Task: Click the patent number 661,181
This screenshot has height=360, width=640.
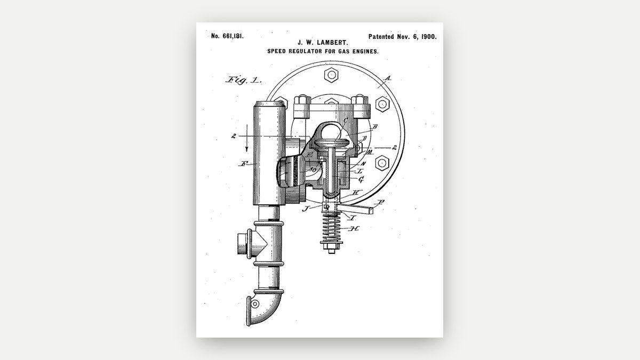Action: pos(233,36)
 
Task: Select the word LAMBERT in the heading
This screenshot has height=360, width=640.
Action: pos(332,43)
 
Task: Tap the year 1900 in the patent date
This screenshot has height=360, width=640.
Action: pos(429,37)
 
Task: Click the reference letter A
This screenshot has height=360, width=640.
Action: pos(387,78)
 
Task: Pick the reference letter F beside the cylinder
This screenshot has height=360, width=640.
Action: pos(244,164)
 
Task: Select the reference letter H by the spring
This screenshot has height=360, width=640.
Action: pos(354,229)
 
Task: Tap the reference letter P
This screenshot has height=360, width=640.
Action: pos(380,203)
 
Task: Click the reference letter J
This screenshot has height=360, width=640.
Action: pos(306,209)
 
